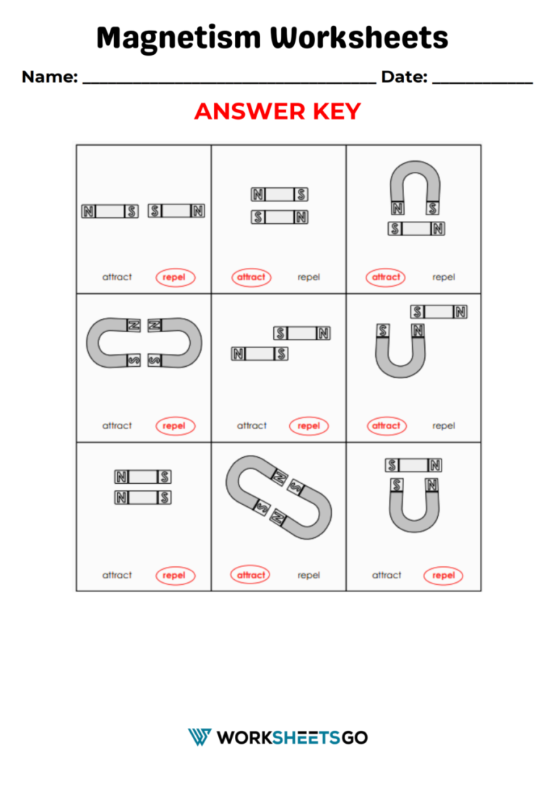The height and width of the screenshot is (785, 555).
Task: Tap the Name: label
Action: click(x=50, y=77)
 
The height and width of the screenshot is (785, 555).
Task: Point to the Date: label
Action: click(x=404, y=77)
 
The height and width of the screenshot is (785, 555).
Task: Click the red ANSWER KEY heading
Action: click(x=277, y=112)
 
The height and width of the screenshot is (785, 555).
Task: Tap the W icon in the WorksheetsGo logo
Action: click(x=199, y=737)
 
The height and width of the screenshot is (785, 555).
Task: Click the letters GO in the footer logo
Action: click(x=354, y=737)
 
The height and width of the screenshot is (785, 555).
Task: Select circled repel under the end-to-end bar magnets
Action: click(x=175, y=277)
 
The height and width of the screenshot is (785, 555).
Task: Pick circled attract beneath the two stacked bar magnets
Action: click(x=251, y=277)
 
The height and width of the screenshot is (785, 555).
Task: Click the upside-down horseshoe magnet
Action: click(x=414, y=184)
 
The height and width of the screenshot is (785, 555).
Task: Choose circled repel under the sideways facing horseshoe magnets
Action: click(x=175, y=426)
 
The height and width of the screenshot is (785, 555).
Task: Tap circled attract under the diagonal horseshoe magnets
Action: click(x=251, y=576)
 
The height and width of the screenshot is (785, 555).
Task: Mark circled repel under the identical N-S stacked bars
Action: click(x=175, y=576)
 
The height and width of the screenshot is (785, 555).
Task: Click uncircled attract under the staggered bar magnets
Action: click(x=251, y=426)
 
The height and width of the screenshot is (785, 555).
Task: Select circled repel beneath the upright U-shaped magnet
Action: click(x=444, y=576)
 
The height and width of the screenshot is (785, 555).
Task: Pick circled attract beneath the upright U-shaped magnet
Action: click(x=386, y=426)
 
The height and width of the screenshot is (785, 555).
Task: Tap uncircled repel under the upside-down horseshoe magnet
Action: click(x=444, y=277)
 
